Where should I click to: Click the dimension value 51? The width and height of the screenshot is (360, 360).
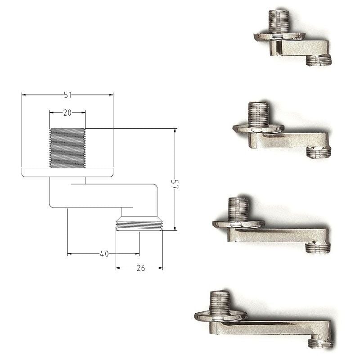pyautogui.click(x=67, y=95)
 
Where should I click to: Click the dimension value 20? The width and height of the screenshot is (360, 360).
pyautogui.click(x=67, y=113)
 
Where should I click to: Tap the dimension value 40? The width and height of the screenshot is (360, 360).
pyautogui.click(x=104, y=254)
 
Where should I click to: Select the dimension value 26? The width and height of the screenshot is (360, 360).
pyautogui.click(x=140, y=268)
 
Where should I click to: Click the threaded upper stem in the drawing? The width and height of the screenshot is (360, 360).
pyautogui.click(x=67, y=148)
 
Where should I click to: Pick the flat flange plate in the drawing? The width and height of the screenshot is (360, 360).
pyautogui.click(x=67, y=172)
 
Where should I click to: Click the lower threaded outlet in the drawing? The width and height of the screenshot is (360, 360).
pyautogui.click(x=139, y=224)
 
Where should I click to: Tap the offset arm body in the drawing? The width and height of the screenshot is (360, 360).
pyautogui.click(x=103, y=195)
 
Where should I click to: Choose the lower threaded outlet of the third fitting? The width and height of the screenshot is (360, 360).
pyautogui.click(x=317, y=248)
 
